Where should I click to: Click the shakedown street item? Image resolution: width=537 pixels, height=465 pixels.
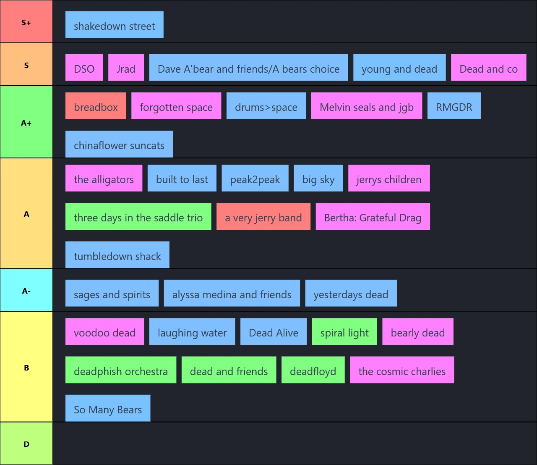(114, 25)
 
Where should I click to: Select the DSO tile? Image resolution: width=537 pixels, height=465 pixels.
(84, 67)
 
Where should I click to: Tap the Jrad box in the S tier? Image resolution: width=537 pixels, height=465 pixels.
(126, 67)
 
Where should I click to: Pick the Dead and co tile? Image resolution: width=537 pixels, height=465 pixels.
(488, 67)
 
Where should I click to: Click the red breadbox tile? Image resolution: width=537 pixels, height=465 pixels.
(96, 106)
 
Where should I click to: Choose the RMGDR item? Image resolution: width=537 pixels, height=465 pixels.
(454, 106)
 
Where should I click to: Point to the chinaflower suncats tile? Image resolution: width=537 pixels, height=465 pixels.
(119, 144)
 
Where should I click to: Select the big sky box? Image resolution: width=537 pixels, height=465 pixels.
(318, 178)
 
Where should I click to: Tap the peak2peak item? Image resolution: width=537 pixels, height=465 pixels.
(255, 178)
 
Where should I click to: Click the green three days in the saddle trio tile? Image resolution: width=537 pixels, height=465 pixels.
(138, 216)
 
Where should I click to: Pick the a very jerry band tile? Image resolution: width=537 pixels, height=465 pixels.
(263, 216)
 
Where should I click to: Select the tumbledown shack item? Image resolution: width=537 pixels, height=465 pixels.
(117, 255)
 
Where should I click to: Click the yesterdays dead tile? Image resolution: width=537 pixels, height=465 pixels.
(351, 293)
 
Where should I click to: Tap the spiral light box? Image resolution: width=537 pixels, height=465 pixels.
(344, 331)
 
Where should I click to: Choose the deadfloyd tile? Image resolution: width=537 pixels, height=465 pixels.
(313, 370)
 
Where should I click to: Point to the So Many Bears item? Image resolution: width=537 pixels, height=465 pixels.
(108, 408)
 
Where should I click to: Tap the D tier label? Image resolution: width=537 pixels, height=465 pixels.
(26, 444)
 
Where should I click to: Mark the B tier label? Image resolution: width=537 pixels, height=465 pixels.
(26, 367)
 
